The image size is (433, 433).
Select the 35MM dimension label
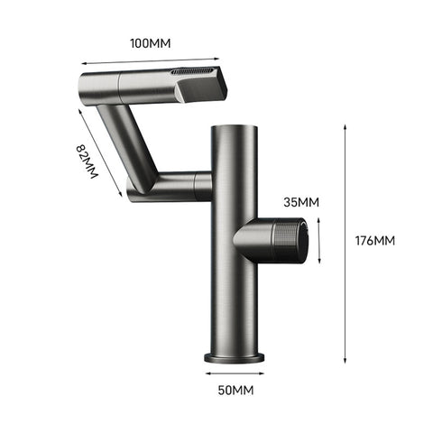[299, 203]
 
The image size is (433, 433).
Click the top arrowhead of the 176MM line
[345, 126]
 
